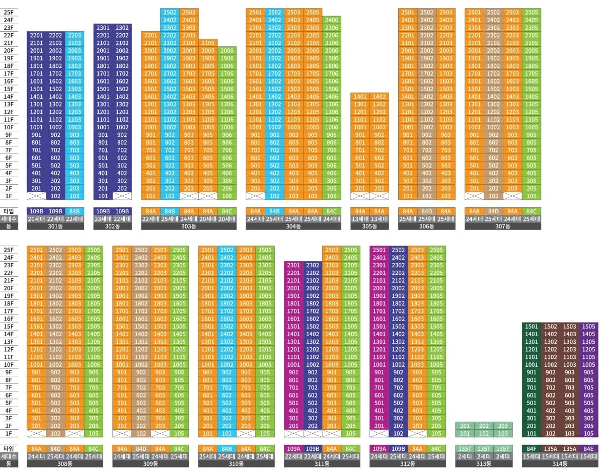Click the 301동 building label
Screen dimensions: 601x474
click(55, 226)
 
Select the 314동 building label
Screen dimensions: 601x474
click(560, 464)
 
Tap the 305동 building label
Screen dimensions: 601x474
click(369, 226)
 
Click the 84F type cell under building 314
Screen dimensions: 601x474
click(531, 449)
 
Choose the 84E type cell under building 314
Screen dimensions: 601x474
click(588, 449)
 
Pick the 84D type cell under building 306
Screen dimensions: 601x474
click(427, 211)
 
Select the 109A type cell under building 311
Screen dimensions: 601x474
click(293, 449)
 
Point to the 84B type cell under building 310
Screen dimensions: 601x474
click(227, 449)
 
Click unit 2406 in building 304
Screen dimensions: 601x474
click(332, 20)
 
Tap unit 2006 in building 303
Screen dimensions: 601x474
click(227, 51)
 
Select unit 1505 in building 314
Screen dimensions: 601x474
click(588, 327)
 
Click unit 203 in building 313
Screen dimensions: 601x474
click(503, 426)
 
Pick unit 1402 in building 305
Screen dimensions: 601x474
click(379, 97)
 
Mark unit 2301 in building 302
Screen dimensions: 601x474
click(103, 28)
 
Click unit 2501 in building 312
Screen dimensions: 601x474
click(379, 250)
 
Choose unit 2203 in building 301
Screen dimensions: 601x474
click(74, 35)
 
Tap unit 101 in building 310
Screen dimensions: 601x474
click(207, 433)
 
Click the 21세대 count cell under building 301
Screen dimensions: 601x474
click(36, 219)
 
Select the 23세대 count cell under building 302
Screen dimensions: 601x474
click(103, 219)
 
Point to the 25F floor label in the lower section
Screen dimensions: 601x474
click(9, 250)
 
